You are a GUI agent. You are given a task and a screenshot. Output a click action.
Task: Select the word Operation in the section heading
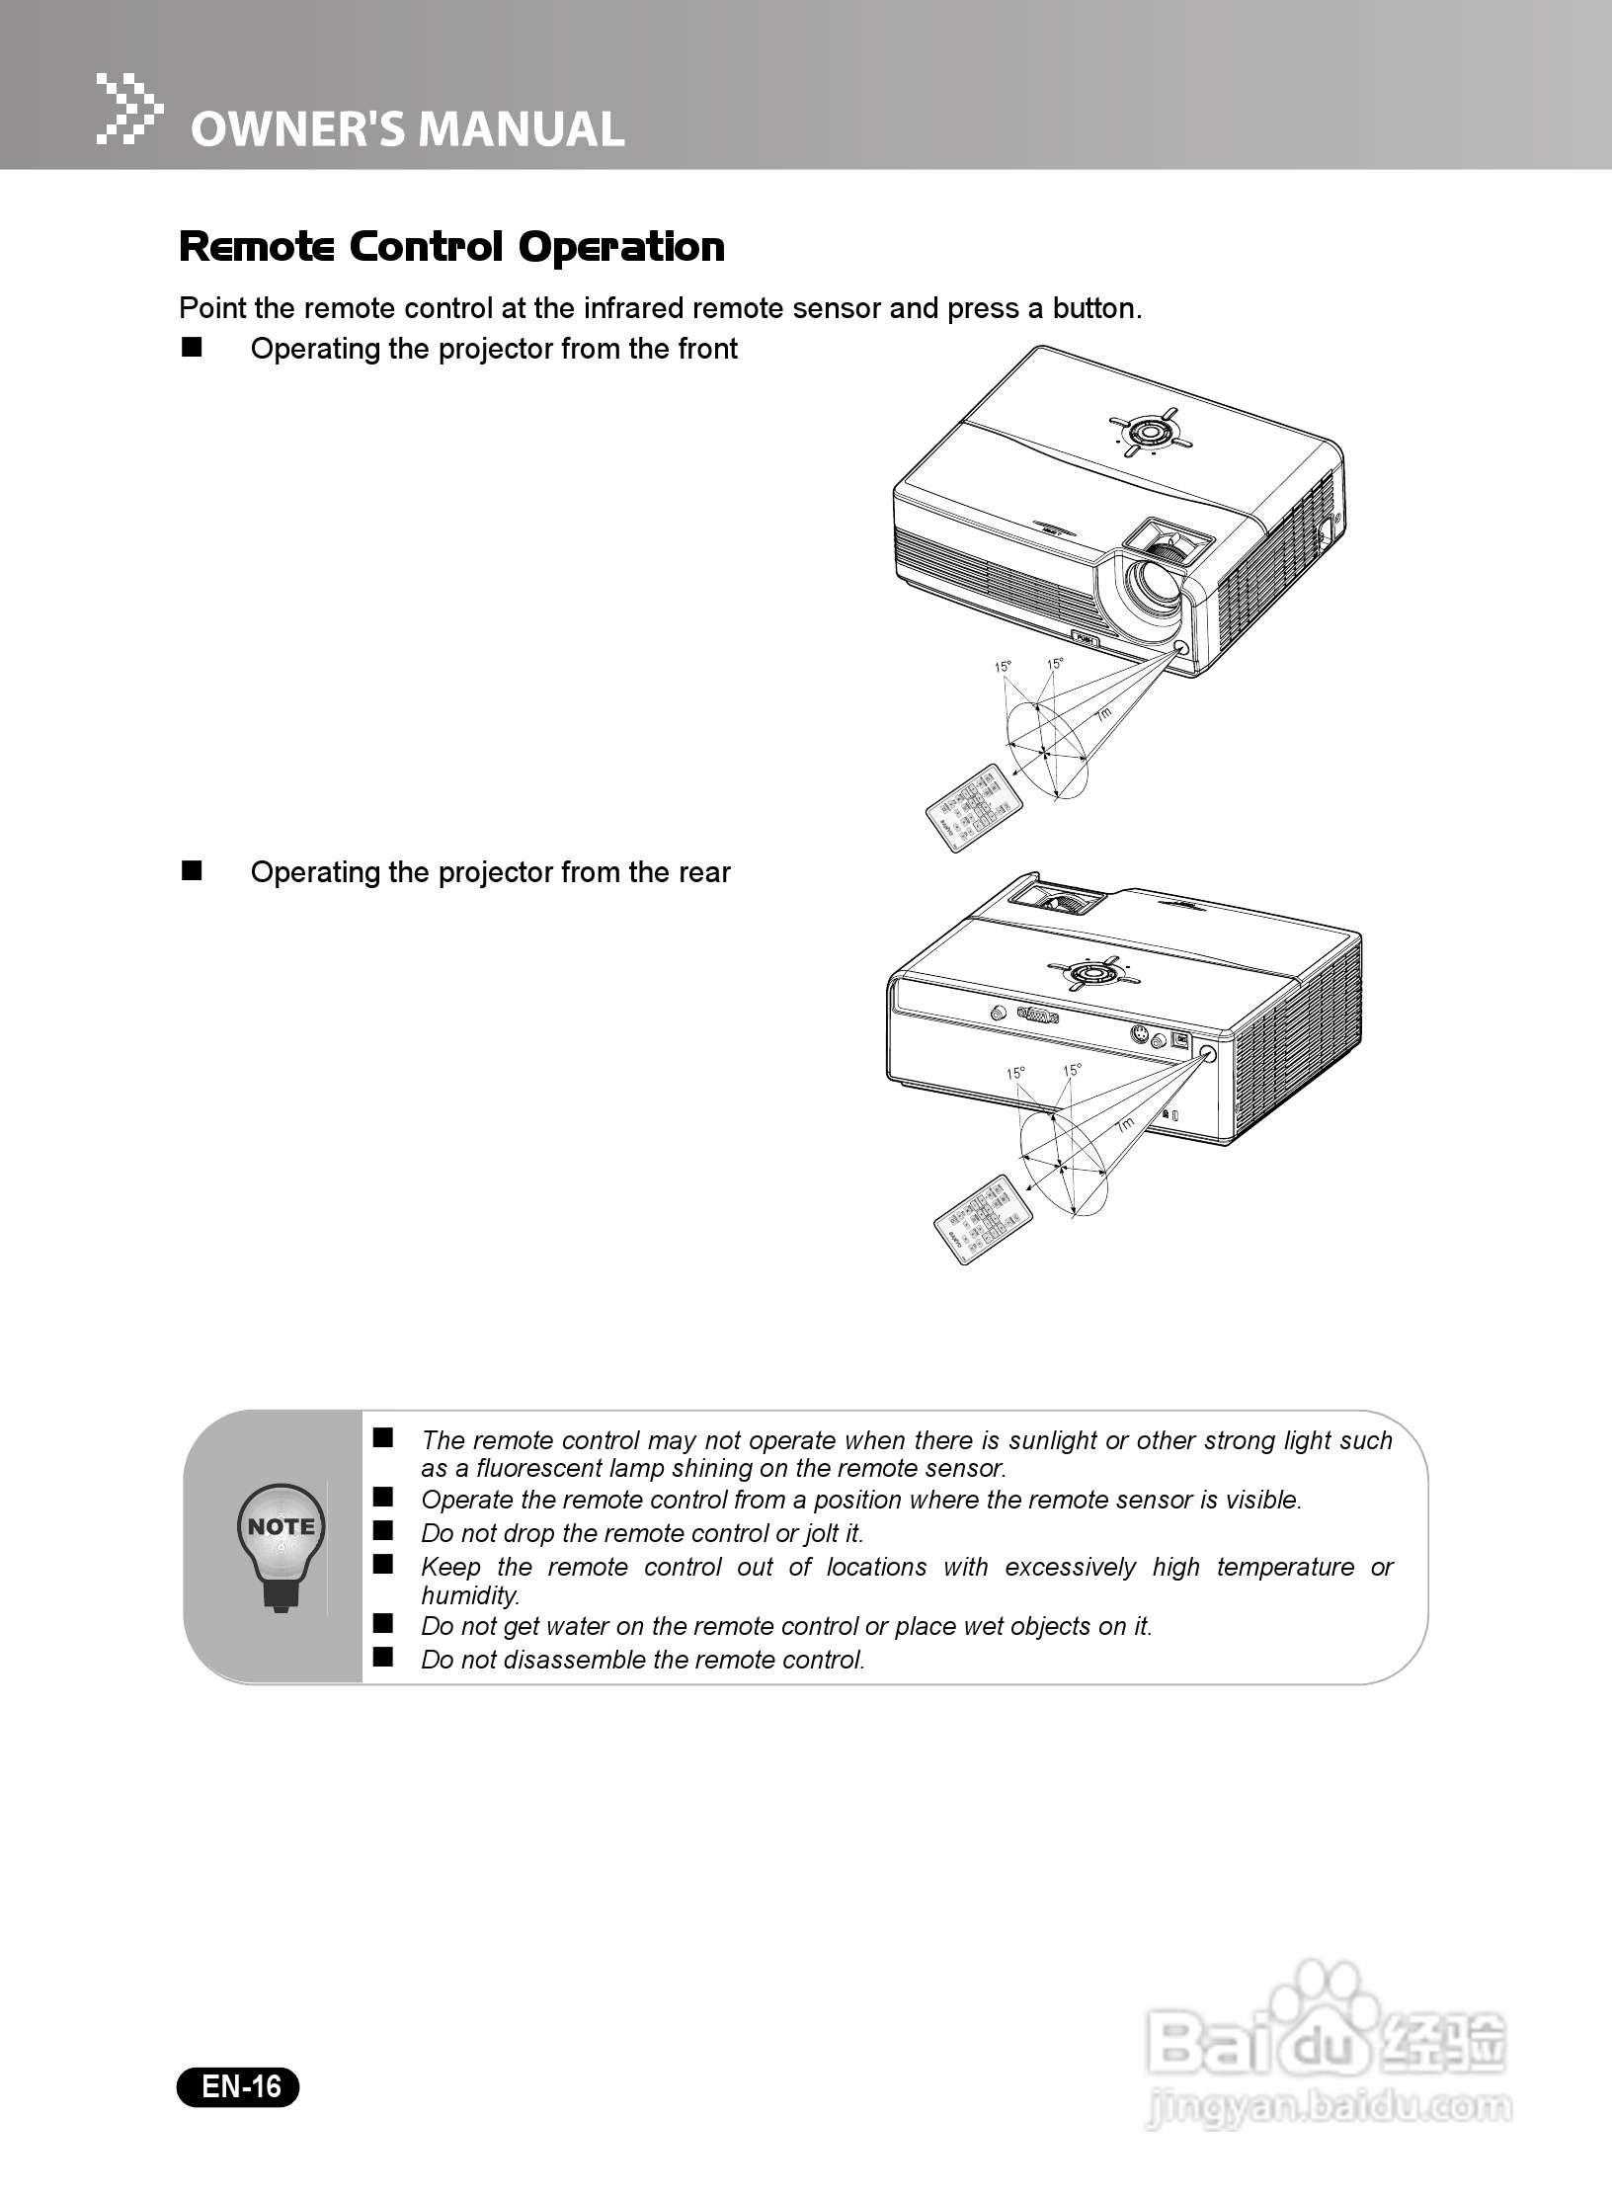(621, 247)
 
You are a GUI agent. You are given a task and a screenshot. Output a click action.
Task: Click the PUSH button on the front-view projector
(1085, 639)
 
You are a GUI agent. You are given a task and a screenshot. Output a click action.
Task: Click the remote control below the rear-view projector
(983, 1221)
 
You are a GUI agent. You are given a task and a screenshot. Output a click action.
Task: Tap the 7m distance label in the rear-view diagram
(1124, 1125)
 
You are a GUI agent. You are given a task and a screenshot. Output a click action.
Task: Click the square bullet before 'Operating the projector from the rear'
(190, 870)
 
